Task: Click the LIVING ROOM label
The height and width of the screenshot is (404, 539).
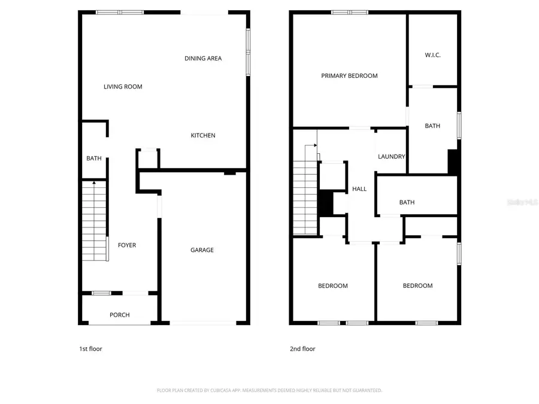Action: click(123, 87)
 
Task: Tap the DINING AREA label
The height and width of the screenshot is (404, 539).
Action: click(203, 58)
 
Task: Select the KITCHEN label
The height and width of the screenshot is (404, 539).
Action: click(203, 135)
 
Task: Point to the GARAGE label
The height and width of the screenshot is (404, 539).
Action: click(202, 250)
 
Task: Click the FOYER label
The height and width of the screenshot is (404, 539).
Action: click(126, 245)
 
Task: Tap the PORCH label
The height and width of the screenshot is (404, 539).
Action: click(119, 315)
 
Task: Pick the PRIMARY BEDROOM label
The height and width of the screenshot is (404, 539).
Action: click(349, 75)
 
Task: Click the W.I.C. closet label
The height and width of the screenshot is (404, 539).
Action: click(432, 55)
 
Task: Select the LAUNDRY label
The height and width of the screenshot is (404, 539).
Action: click(392, 157)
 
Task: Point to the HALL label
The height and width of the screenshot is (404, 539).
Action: click(359, 189)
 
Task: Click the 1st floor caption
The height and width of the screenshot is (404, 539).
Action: click(90, 349)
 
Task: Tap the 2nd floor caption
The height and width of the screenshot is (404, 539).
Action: click(303, 349)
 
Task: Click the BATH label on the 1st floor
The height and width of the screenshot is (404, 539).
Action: click(94, 159)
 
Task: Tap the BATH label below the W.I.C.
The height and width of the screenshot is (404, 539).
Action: click(432, 126)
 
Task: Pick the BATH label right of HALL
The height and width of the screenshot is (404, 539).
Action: click(407, 202)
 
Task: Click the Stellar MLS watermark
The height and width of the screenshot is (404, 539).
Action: click(522, 203)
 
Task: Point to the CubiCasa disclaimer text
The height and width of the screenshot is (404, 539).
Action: click(269, 390)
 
